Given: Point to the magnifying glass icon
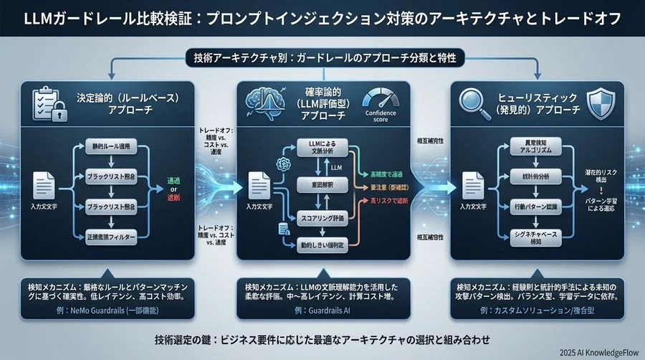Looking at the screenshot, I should [477, 102].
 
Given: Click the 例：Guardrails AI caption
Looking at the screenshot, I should [322, 311].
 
